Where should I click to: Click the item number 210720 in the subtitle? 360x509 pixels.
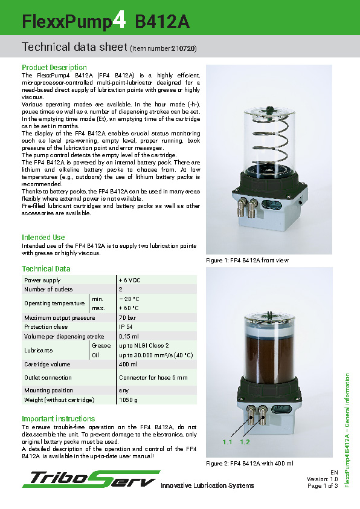coord(184,48)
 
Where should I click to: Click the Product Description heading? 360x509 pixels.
coord(54,67)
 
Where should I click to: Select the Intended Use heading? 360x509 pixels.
coord(43,237)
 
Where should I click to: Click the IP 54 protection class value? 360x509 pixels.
coord(126,326)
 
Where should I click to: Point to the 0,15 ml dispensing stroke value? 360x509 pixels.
coord(129,336)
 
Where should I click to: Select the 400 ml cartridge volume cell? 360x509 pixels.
coord(128,365)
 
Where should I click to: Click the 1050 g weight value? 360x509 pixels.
coord(128,400)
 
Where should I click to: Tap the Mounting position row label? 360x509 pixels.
coord(48,391)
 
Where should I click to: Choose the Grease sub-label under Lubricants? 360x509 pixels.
coord(101,345)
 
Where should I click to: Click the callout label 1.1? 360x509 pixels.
coord(227,443)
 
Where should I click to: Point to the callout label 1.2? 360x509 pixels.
coord(245,443)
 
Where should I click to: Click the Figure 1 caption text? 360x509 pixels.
coord(248,261)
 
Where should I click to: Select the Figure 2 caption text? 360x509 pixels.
coord(249,463)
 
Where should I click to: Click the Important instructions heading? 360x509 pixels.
coord(58,418)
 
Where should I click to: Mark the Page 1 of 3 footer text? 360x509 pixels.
coord(323,485)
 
